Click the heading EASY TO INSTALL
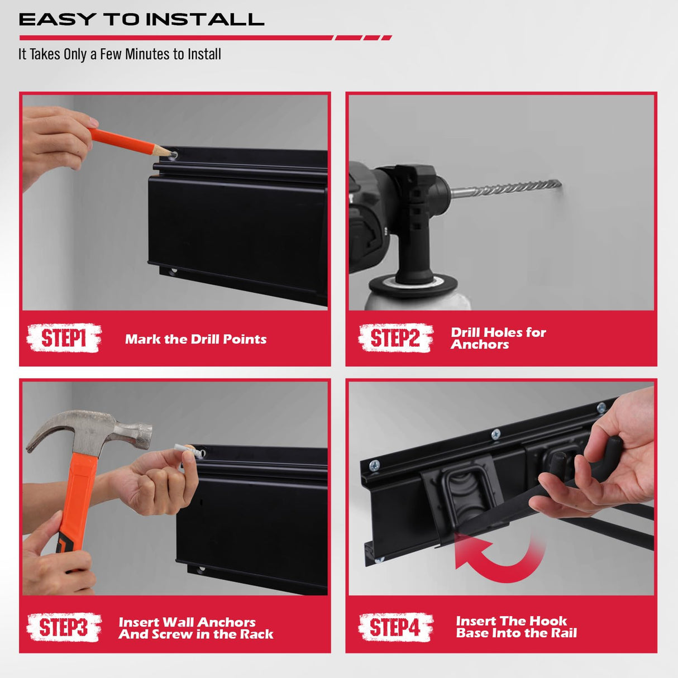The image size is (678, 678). [141, 20]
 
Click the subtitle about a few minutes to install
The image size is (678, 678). [120, 54]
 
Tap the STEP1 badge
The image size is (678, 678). [64, 338]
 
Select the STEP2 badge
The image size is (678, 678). [395, 338]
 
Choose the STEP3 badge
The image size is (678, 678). [64, 627]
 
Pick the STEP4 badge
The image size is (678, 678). [395, 627]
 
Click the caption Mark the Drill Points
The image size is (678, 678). [195, 339]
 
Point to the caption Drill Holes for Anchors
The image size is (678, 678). [498, 338]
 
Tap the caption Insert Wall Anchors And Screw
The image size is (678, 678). [195, 628]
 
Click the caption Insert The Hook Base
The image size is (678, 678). [516, 627]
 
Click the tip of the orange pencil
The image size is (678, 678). [168, 152]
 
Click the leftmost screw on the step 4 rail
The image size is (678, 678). [374, 465]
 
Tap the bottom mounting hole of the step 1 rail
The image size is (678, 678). [173, 272]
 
